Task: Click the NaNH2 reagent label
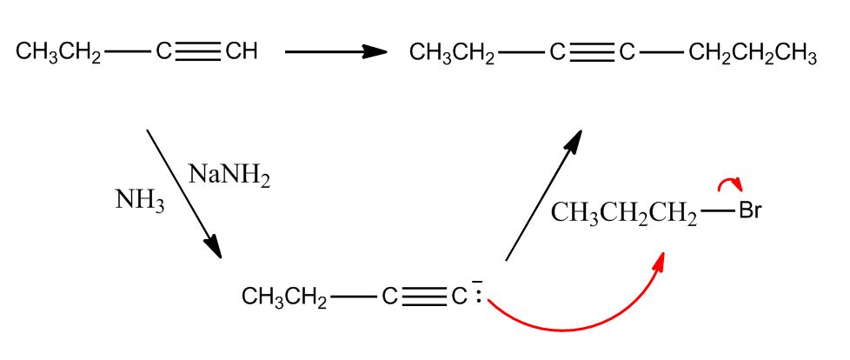(229, 177)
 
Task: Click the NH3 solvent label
(139, 201)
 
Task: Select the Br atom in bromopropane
(749, 211)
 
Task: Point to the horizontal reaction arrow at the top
(335, 52)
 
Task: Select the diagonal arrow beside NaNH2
(183, 193)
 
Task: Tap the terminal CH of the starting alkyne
(241, 53)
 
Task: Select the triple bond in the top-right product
(593, 54)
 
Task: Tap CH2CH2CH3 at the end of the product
(752, 55)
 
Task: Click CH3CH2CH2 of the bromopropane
(624, 213)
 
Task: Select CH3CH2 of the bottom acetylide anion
(284, 298)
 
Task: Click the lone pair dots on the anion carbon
(478, 297)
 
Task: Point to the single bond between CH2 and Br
(717, 211)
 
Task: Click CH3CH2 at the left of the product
(452, 55)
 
